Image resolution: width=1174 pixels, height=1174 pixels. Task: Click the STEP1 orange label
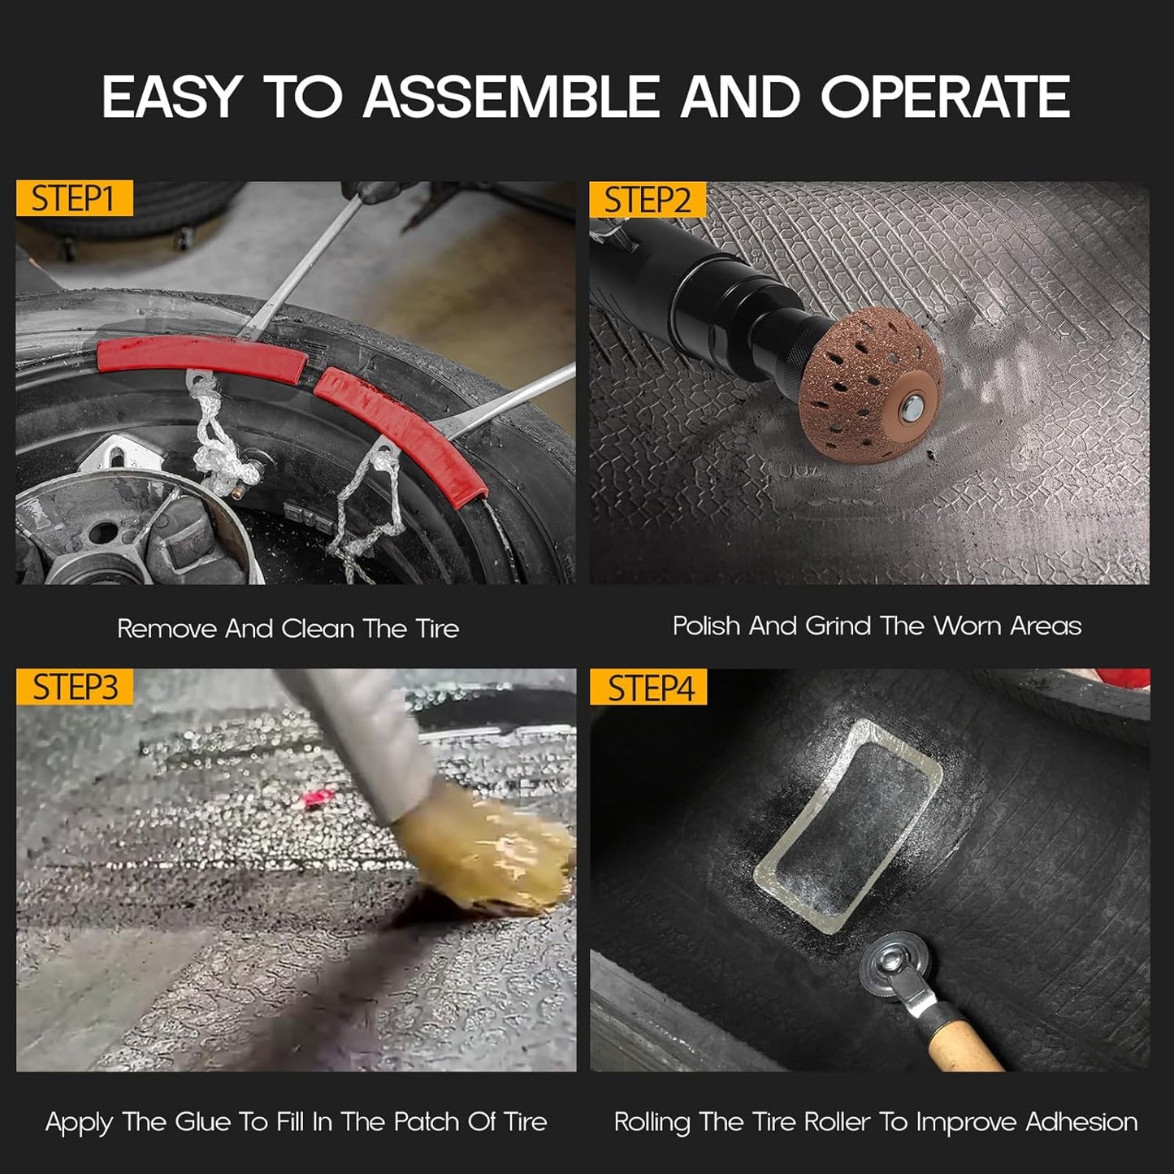pyautogui.click(x=74, y=198)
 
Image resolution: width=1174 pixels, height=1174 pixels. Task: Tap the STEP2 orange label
pyautogui.click(x=648, y=199)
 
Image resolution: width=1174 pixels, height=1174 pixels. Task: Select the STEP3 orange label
pyautogui.click(x=74, y=687)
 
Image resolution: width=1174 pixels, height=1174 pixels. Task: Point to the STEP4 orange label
pyautogui.click(x=648, y=687)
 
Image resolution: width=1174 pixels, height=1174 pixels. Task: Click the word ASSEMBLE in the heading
pyautogui.click(x=511, y=96)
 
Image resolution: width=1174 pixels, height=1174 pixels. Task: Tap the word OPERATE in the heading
pyautogui.click(x=946, y=96)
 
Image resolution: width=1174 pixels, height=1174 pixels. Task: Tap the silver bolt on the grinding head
pyautogui.click(x=912, y=406)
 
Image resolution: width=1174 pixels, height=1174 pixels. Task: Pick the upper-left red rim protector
pyautogui.click(x=201, y=359)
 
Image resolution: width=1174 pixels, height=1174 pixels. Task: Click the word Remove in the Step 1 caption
pyautogui.click(x=167, y=629)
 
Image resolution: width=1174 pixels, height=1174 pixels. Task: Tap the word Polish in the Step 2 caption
pyautogui.click(x=706, y=626)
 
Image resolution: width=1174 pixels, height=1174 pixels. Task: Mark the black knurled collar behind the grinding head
pyautogui.click(x=798, y=359)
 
